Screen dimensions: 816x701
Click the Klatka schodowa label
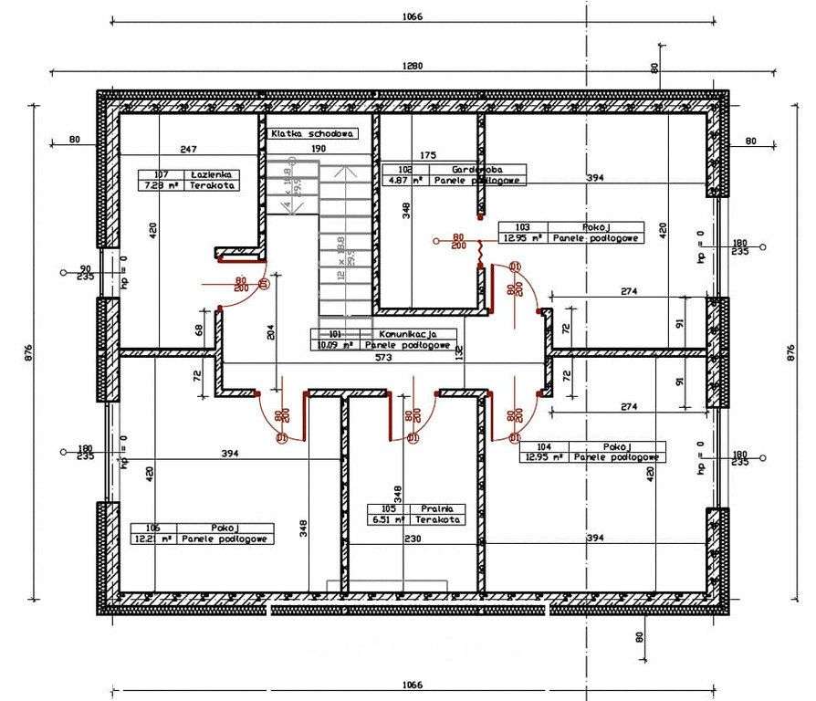pyautogui.click(x=311, y=133)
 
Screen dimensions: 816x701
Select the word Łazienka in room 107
pyautogui.click(x=212, y=173)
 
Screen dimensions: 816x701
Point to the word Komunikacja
pyautogui.click(x=407, y=334)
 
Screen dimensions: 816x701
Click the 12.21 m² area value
pyautogui.click(x=152, y=539)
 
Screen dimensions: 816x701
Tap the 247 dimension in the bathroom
pyautogui.click(x=189, y=148)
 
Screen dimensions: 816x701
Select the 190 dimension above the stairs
pyautogui.click(x=318, y=148)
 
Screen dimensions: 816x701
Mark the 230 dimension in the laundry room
pyautogui.click(x=413, y=539)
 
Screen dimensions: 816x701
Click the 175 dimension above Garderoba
pyautogui.click(x=429, y=155)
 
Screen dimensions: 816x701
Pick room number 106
pyautogui.click(x=152, y=528)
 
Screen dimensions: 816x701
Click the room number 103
pyautogui.click(x=522, y=225)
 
